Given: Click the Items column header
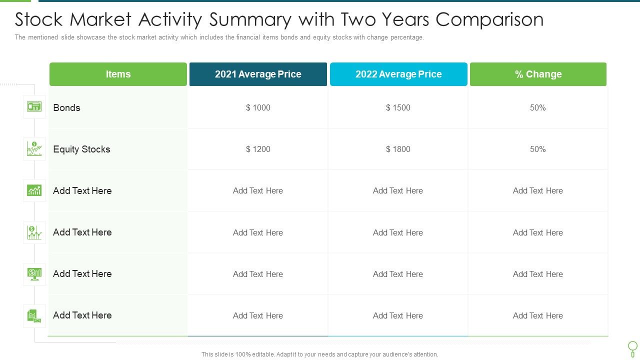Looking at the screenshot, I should click(x=118, y=74).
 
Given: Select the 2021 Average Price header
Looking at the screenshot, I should click(x=258, y=74).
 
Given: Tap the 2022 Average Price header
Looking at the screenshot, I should click(x=398, y=74).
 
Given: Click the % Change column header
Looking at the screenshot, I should click(x=538, y=74).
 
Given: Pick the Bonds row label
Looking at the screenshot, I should click(x=66, y=108).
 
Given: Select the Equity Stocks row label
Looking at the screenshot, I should click(x=81, y=149).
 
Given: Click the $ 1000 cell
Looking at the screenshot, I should click(x=258, y=108).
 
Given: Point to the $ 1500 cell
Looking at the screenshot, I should click(x=398, y=108).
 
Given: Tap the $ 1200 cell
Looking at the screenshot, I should click(x=258, y=149).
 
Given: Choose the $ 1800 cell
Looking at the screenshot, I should click(x=398, y=149).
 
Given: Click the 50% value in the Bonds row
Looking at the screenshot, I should click(x=538, y=108).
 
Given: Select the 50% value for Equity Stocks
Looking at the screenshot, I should click(x=538, y=149).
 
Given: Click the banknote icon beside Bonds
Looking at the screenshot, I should click(x=34, y=107).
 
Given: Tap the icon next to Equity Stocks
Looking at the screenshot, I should click(x=34, y=148).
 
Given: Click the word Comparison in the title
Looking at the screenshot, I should click(x=489, y=20).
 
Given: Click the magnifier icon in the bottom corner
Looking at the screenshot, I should click(x=632, y=348).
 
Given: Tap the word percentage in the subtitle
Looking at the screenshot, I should click(x=407, y=37).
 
